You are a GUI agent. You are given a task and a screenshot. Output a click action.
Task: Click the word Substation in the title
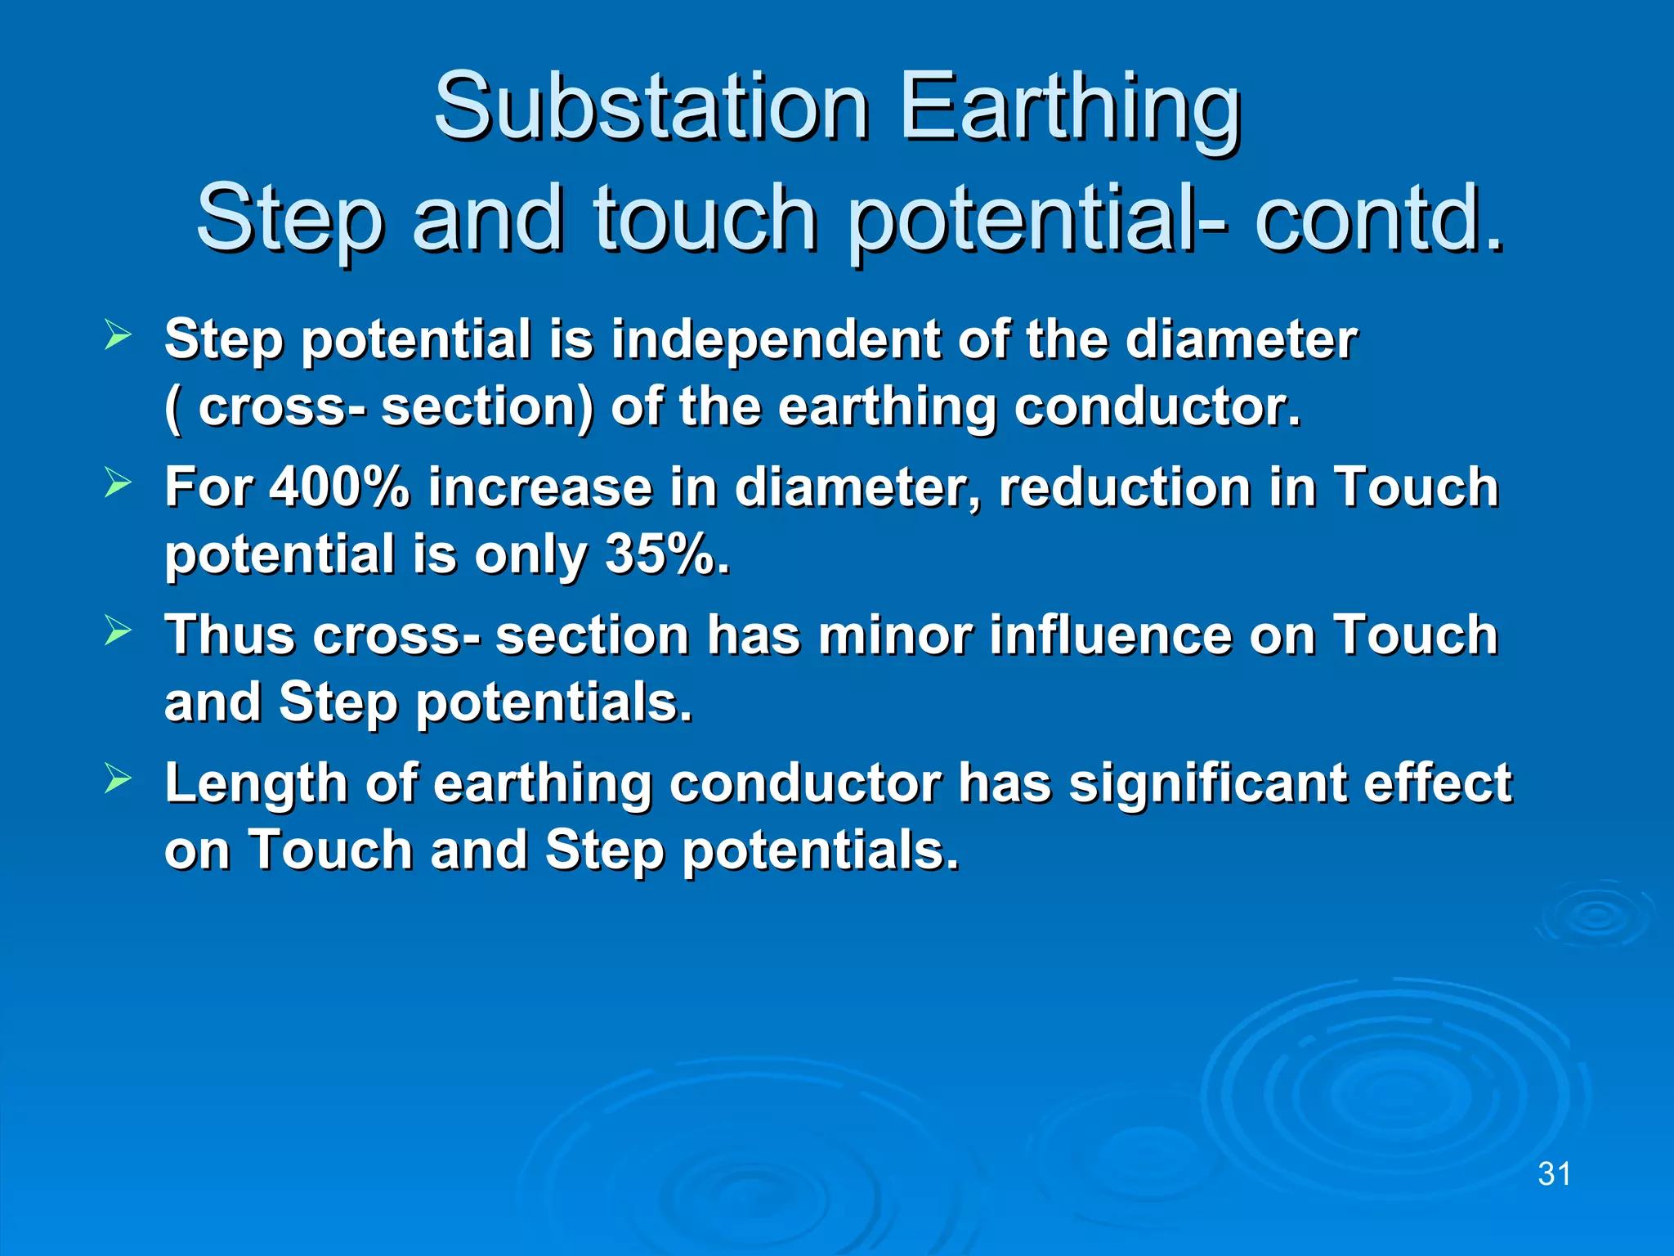651,106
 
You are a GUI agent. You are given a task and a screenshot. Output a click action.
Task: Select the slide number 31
1554,1174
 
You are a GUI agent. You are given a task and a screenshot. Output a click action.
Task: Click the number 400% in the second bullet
339,487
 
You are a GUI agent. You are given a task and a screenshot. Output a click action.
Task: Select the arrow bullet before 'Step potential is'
118,334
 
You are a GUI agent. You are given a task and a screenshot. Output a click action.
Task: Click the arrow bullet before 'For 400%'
118,482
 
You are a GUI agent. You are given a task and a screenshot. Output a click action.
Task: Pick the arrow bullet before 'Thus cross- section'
118,630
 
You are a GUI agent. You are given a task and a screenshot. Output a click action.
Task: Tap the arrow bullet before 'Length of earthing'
118,778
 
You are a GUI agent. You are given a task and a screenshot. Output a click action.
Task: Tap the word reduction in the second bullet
1125,487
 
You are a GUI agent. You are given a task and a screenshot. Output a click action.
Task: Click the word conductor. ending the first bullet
1157,406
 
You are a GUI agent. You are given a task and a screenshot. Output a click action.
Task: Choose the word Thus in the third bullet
229,635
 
